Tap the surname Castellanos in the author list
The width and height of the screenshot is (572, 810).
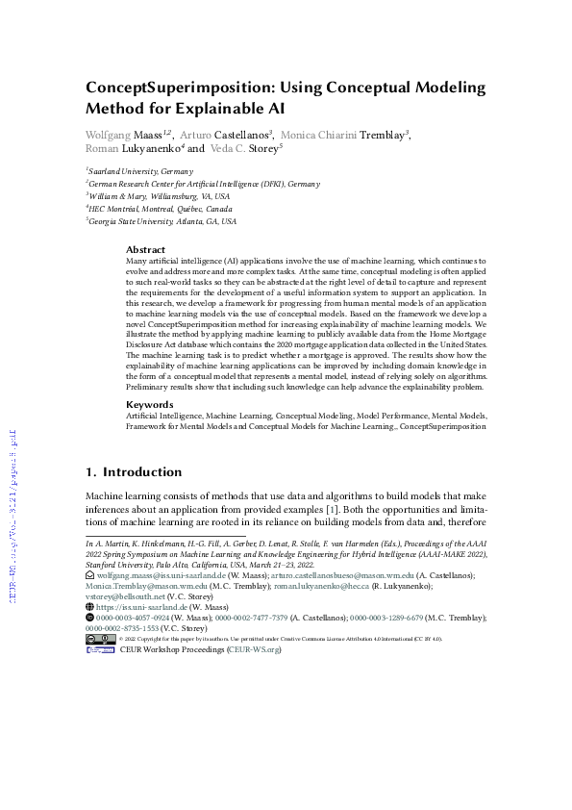(242, 135)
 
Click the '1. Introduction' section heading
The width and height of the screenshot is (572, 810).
(134, 472)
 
